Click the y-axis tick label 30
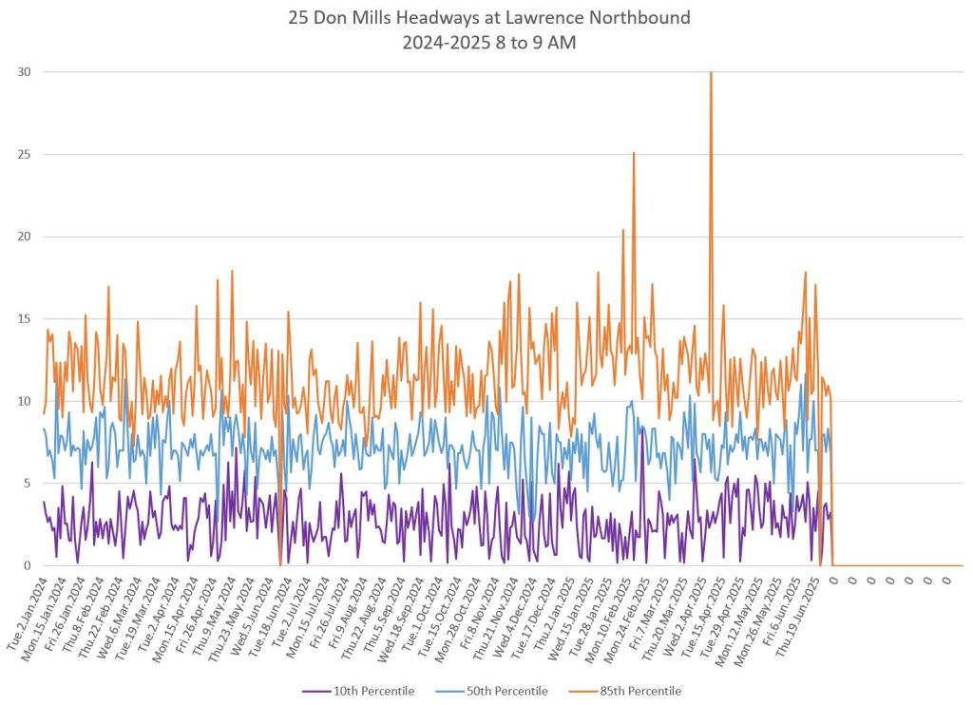[x=23, y=72]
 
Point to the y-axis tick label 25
[x=23, y=154]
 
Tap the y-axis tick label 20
[x=23, y=237]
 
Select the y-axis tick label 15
[x=23, y=318]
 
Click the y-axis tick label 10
[x=23, y=401]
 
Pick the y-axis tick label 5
[x=27, y=483]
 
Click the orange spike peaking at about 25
[x=634, y=153]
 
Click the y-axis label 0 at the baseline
[x=27, y=565]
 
